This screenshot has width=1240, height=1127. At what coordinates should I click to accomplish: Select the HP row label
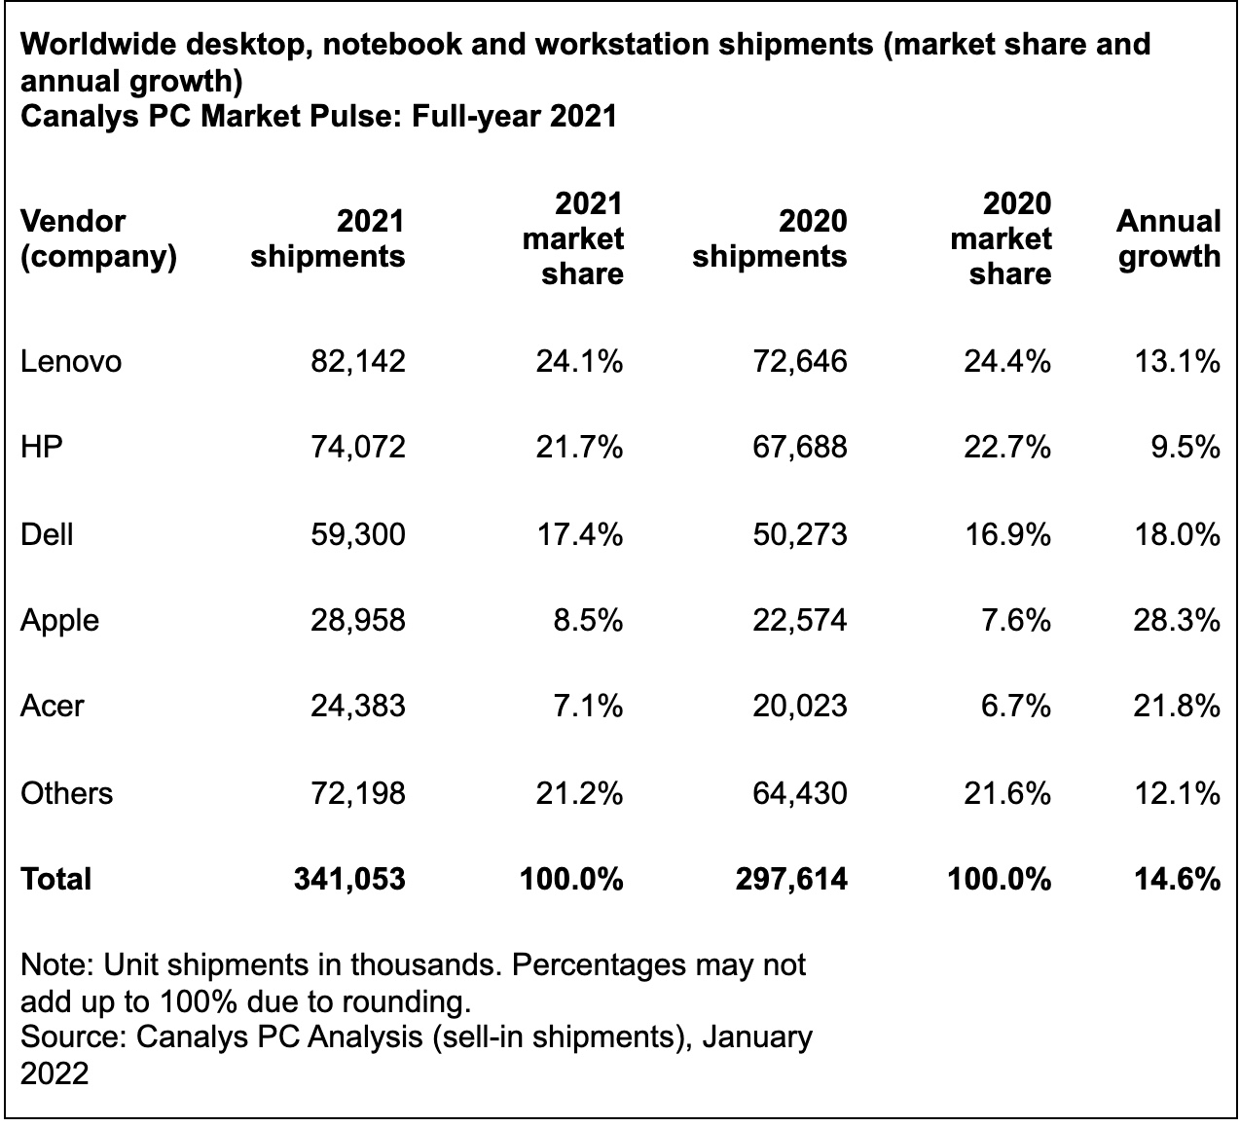click(x=41, y=448)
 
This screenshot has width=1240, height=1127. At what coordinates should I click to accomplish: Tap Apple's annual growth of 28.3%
click(x=1176, y=620)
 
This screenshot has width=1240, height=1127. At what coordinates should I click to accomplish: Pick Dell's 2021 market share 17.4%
click(x=579, y=534)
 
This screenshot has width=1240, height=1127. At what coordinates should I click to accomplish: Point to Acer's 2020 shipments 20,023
click(x=799, y=706)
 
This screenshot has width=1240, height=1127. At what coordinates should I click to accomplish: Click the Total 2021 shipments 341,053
click(x=349, y=880)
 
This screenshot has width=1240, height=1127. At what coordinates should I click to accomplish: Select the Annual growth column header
click(x=1168, y=239)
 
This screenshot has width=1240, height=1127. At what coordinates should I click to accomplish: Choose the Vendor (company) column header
click(x=98, y=239)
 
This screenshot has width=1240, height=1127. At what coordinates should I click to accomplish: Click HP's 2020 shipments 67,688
click(x=799, y=448)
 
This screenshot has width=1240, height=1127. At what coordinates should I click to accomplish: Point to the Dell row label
click(x=47, y=534)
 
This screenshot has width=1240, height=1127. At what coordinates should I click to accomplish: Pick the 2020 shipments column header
click(x=770, y=239)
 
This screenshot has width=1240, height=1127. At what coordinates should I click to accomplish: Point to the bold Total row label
click(x=55, y=880)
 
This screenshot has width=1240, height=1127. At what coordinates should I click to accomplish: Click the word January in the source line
click(x=756, y=1036)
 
